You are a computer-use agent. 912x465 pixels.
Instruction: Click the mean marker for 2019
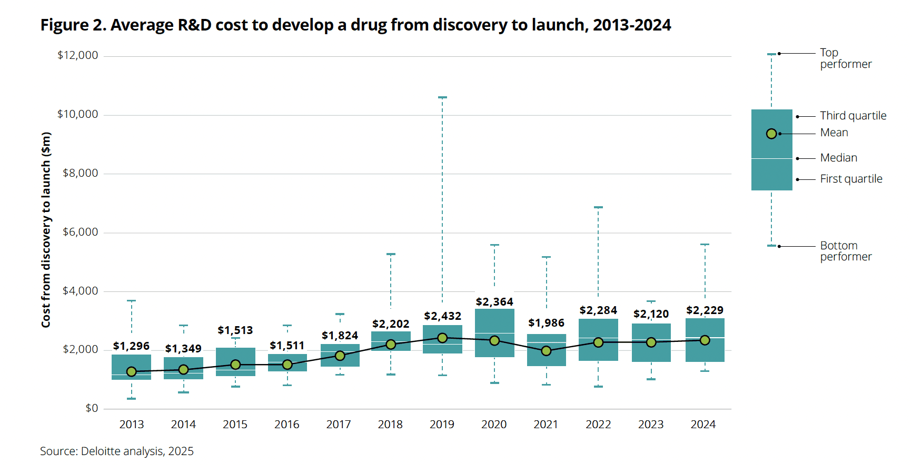442,338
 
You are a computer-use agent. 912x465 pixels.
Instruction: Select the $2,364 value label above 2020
494,302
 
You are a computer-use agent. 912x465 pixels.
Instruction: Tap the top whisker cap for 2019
442,97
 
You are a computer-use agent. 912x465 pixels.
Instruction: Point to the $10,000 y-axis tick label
77,114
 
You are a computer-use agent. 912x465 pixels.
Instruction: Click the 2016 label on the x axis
287,424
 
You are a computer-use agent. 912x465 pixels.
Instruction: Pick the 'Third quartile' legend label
853,116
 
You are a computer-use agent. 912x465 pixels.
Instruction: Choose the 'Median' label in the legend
838,158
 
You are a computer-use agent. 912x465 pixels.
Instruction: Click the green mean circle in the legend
771,134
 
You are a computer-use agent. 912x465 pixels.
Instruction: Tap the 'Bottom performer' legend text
846,251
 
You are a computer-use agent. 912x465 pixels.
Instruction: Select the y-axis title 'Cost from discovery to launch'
46,230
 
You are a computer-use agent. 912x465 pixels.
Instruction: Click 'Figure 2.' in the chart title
73,25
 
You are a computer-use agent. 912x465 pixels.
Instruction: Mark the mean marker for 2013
132,371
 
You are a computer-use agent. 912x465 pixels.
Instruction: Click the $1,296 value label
131,346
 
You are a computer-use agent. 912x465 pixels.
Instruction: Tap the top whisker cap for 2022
598,207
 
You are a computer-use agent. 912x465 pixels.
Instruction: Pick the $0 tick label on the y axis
92,408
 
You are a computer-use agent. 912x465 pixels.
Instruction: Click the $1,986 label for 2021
546,323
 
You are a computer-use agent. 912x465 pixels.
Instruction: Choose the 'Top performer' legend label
845,58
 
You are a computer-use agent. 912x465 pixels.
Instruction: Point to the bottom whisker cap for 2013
132,399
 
